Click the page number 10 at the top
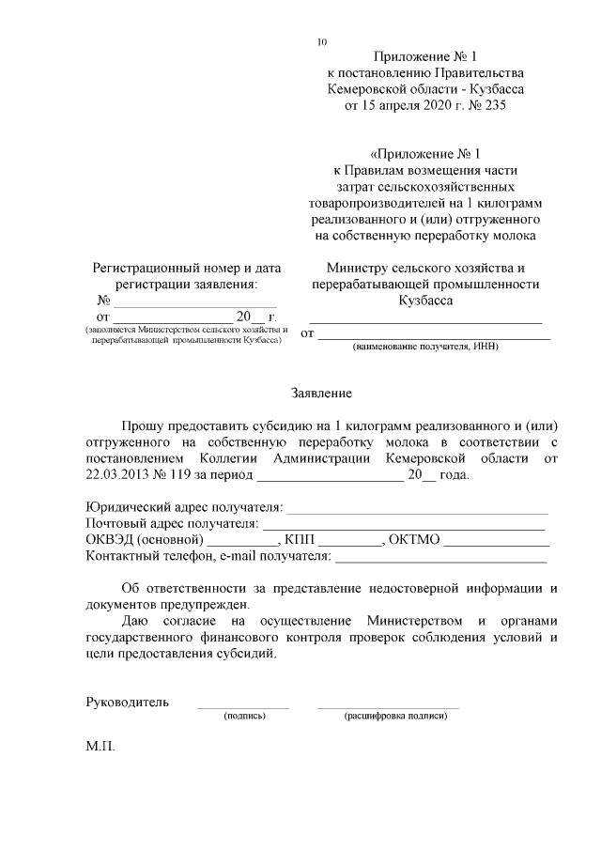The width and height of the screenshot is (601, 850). [x=323, y=42]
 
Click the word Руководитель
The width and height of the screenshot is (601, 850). [x=127, y=701]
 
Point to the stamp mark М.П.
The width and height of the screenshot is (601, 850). [x=100, y=752]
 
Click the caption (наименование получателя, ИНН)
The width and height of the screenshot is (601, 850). [x=425, y=347]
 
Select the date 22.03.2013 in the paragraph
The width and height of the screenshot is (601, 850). [x=119, y=474]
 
